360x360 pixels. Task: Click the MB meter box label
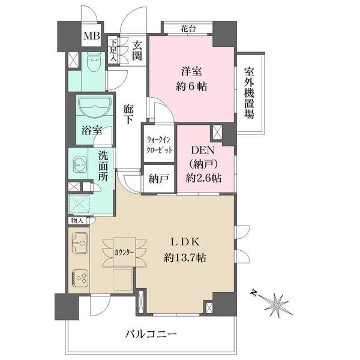point(92,36)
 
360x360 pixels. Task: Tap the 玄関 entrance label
point(137,51)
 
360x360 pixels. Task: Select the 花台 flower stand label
point(188,29)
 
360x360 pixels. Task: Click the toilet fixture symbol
point(94,63)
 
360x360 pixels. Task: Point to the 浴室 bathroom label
point(92,130)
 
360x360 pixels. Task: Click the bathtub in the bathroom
point(95,107)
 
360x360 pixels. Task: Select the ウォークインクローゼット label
point(160,145)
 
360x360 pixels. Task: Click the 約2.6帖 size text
point(203,178)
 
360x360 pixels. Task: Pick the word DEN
point(203,151)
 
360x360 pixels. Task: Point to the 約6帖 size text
point(191,87)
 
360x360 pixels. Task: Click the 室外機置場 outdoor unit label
point(249,93)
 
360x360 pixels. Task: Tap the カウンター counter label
point(124,253)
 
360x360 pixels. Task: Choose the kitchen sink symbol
point(80,242)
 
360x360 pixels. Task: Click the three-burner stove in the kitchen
point(80,278)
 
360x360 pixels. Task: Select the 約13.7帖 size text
point(185,258)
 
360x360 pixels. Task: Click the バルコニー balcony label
point(151,334)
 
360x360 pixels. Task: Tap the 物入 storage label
point(77,221)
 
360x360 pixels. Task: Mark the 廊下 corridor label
point(128,114)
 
